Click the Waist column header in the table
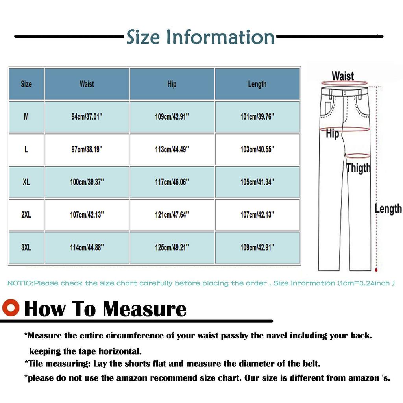coord(87,84)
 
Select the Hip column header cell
coord(172,84)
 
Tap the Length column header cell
coord(257,84)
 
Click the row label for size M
coord(26,116)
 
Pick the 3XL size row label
coord(26,248)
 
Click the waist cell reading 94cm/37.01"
coord(87,116)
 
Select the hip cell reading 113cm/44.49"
coord(172,149)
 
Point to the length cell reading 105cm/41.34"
coord(257,182)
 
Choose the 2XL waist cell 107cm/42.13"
coord(87,215)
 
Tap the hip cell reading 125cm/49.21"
coord(172,248)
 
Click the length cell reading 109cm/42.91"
coord(257,248)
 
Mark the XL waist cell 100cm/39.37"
coord(87,182)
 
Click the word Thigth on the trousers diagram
coord(359,168)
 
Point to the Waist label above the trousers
coord(343,76)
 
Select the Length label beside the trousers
coord(388,209)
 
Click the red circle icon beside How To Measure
coord(11,308)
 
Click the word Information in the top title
coord(220,37)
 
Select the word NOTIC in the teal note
coord(20,283)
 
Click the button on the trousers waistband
coord(345,93)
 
